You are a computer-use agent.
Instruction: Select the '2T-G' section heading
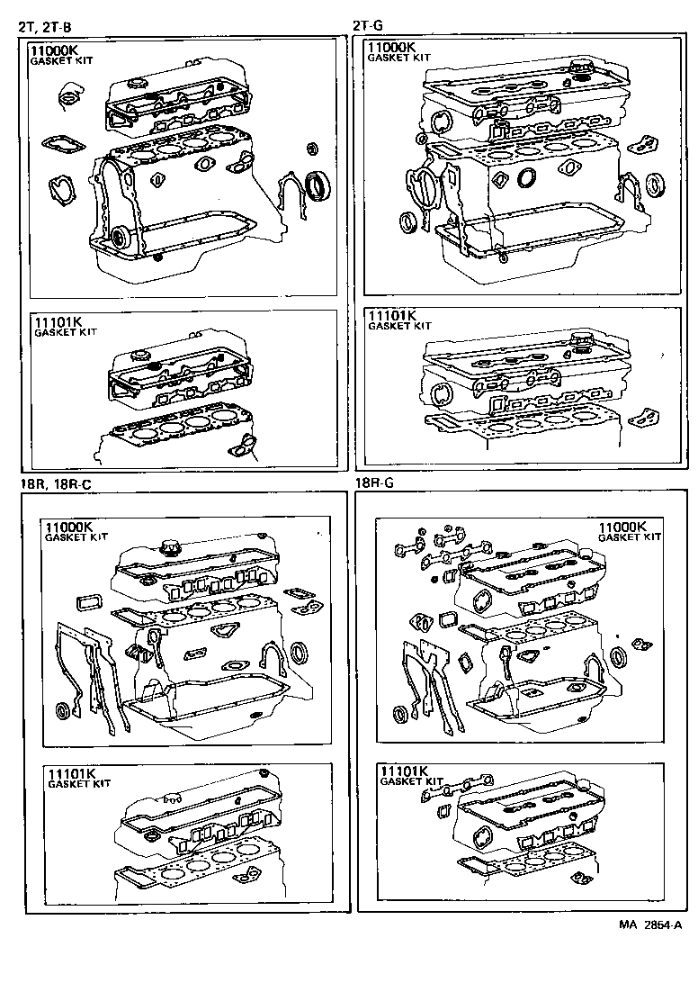click(x=370, y=26)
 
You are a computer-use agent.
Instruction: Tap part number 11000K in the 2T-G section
click(x=391, y=47)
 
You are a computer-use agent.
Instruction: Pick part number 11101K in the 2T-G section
click(x=391, y=316)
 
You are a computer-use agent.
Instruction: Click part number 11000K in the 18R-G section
click(x=623, y=527)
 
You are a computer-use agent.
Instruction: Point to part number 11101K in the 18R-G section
click(x=405, y=771)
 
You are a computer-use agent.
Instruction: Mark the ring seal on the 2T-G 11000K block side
click(x=526, y=176)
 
